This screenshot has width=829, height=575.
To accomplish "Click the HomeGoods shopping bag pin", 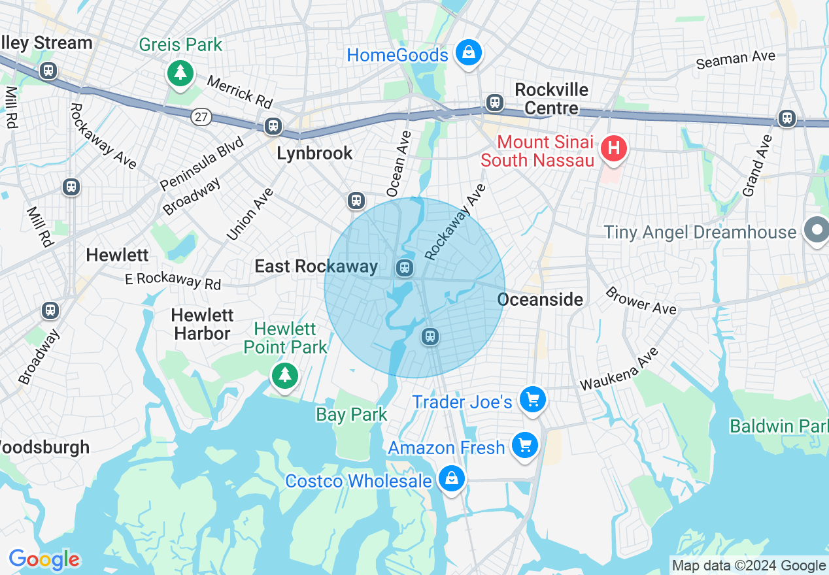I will pyautogui.click(x=468, y=54).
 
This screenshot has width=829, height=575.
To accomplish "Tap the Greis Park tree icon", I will pyautogui.click(x=180, y=72).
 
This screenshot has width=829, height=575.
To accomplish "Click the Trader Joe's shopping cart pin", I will pyautogui.click(x=532, y=399).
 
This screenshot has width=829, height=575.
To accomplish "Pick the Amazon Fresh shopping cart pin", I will pyautogui.click(x=524, y=446).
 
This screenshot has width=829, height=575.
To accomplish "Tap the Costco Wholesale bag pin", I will pyautogui.click(x=451, y=479).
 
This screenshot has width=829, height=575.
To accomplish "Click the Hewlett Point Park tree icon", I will pyautogui.click(x=284, y=376).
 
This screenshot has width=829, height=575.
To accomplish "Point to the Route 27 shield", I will pyautogui.click(x=201, y=117).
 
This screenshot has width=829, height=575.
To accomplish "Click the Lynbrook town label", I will pyautogui.click(x=314, y=153).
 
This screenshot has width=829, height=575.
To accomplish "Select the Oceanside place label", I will pyautogui.click(x=540, y=299).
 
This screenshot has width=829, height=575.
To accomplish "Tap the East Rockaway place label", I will pyautogui.click(x=316, y=266).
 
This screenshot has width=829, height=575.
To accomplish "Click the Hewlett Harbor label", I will pyautogui.click(x=202, y=324).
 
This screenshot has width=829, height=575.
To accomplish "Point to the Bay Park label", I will pyautogui.click(x=352, y=414).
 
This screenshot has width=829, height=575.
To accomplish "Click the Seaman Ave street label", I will pyautogui.click(x=736, y=59).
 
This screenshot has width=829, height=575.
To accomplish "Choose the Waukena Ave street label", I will pyautogui.click(x=619, y=370).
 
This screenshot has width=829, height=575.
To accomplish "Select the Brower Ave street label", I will pyautogui.click(x=641, y=301).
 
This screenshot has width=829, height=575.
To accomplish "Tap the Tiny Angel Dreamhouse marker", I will pyautogui.click(x=817, y=231).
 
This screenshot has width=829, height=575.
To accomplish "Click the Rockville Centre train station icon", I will pyautogui.click(x=495, y=102).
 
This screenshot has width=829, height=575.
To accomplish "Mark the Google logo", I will pyautogui.click(x=44, y=560).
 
